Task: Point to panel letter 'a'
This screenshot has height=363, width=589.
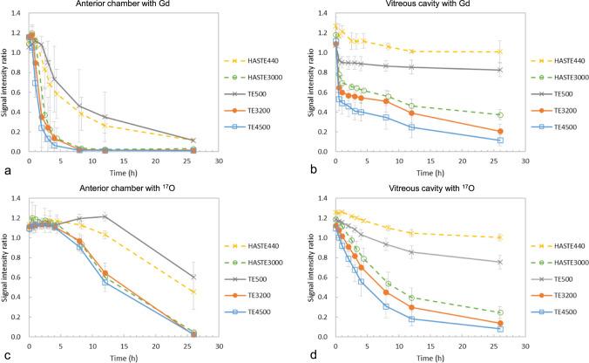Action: click(6, 171)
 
